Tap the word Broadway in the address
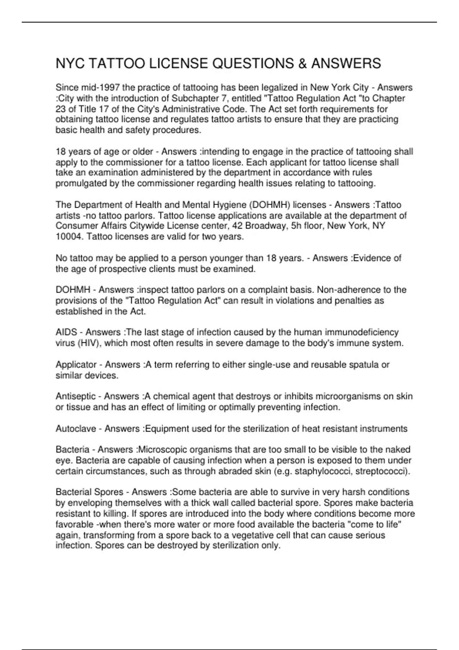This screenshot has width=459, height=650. (265, 226)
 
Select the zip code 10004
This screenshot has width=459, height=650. (69, 237)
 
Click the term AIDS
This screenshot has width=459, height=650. (66, 332)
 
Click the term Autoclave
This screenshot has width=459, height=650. (76, 429)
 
